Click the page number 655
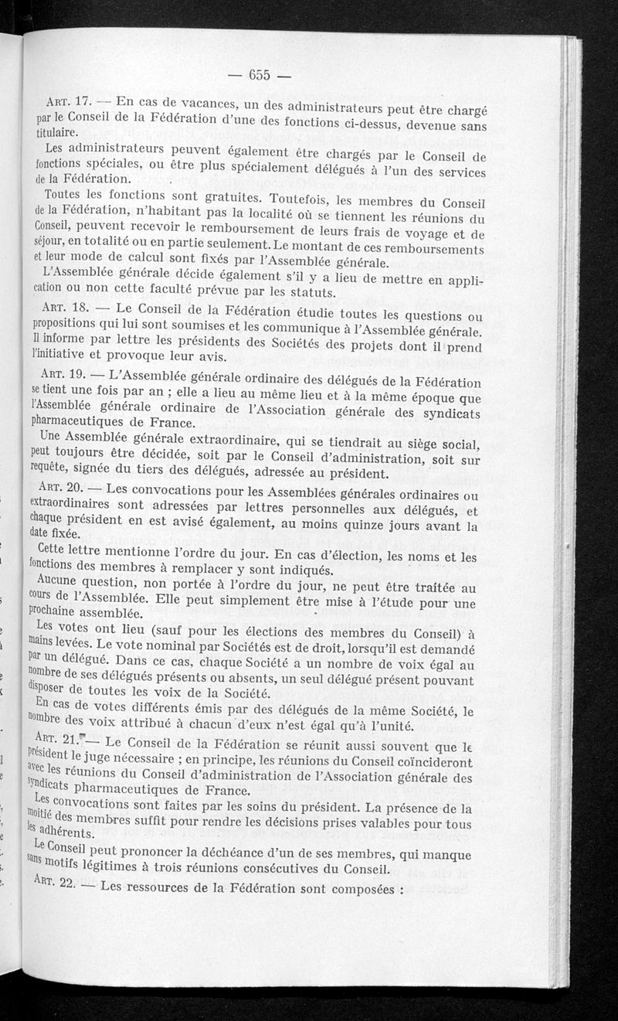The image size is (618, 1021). tap(258, 75)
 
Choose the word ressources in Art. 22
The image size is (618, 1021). tap(169, 887)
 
